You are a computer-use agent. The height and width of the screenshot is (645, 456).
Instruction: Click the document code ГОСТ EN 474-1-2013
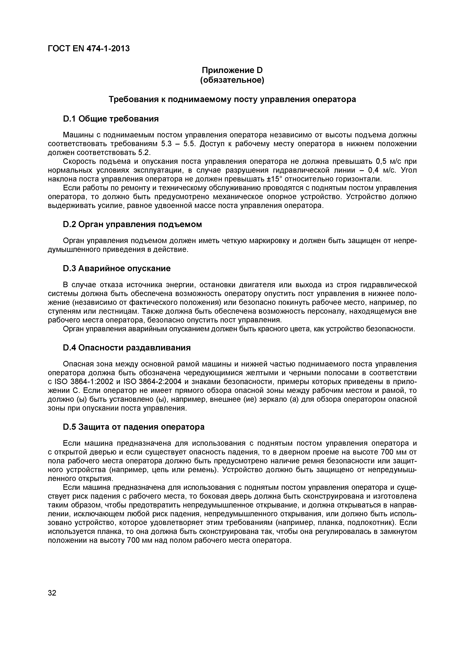pos(89,49)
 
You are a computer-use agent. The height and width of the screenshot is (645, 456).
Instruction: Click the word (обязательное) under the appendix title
pos(232,80)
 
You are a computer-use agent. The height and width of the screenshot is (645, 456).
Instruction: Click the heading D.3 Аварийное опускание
pos(117,269)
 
